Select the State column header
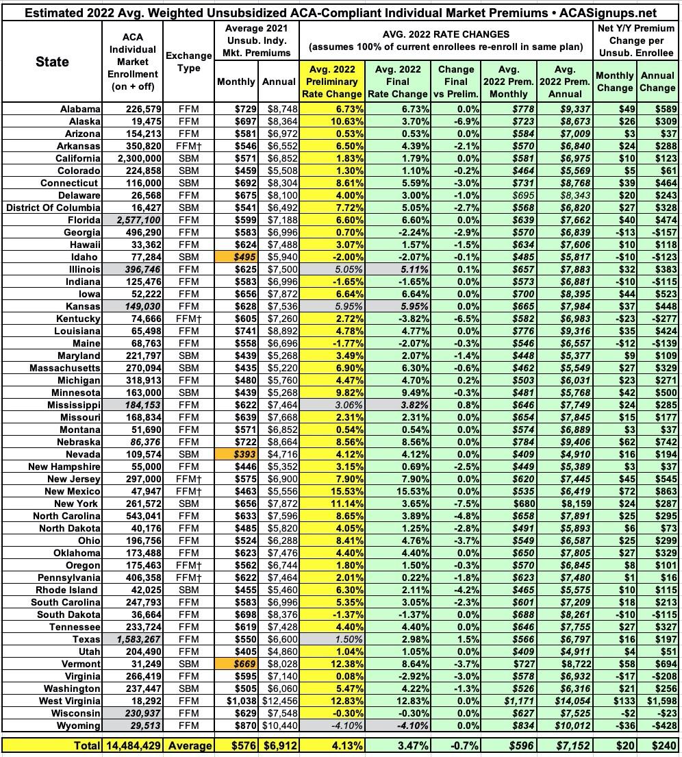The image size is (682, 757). [x=52, y=62]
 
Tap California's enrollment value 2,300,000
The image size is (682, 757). [x=134, y=158]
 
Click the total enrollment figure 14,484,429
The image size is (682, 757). [x=133, y=745]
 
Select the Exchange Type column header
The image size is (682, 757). [x=185, y=62]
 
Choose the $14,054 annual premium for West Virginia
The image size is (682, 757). [x=566, y=701]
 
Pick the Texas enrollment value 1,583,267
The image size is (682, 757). [x=134, y=639]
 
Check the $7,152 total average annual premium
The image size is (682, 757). [x=566, y=745]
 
